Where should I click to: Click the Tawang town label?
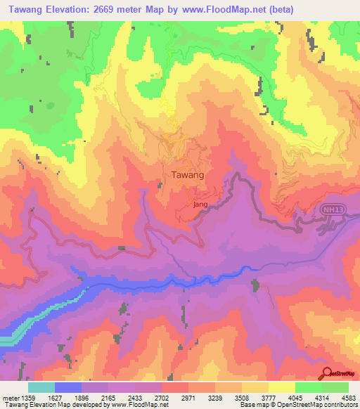coord(188,174)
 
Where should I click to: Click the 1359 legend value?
coord(28,398)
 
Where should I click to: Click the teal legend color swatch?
coord(41,387)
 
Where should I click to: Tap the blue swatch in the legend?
coord(68,387)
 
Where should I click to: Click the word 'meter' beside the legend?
coord(9,398)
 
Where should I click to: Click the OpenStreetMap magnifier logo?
coord(327,374)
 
